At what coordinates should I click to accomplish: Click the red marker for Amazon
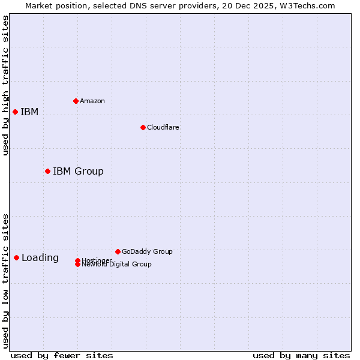click(76, 101)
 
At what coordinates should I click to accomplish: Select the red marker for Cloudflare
click(143, 127)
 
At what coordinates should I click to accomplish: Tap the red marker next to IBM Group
click(47, 172)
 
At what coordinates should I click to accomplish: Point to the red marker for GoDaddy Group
click(118, 251)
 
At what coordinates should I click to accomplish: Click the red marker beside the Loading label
click(16, 258)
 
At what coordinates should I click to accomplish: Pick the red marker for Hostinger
click(77, 260)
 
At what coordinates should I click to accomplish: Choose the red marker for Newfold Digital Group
click(77, 265)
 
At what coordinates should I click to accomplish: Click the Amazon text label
click(92, 101)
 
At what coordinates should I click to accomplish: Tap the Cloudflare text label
click(163, 127)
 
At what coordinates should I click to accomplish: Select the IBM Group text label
click(78, 172)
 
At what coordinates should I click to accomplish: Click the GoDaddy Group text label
click(147, 251)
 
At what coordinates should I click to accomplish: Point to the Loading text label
click(40, 258)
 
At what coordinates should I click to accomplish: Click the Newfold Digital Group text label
click(116, 265)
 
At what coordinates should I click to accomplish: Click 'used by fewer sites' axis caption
click(62, 355)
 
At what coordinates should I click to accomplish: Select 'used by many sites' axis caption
click(301, 355)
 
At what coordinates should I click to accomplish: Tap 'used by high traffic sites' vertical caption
click(5, 85)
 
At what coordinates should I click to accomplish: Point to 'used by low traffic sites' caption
click(5, 280)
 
